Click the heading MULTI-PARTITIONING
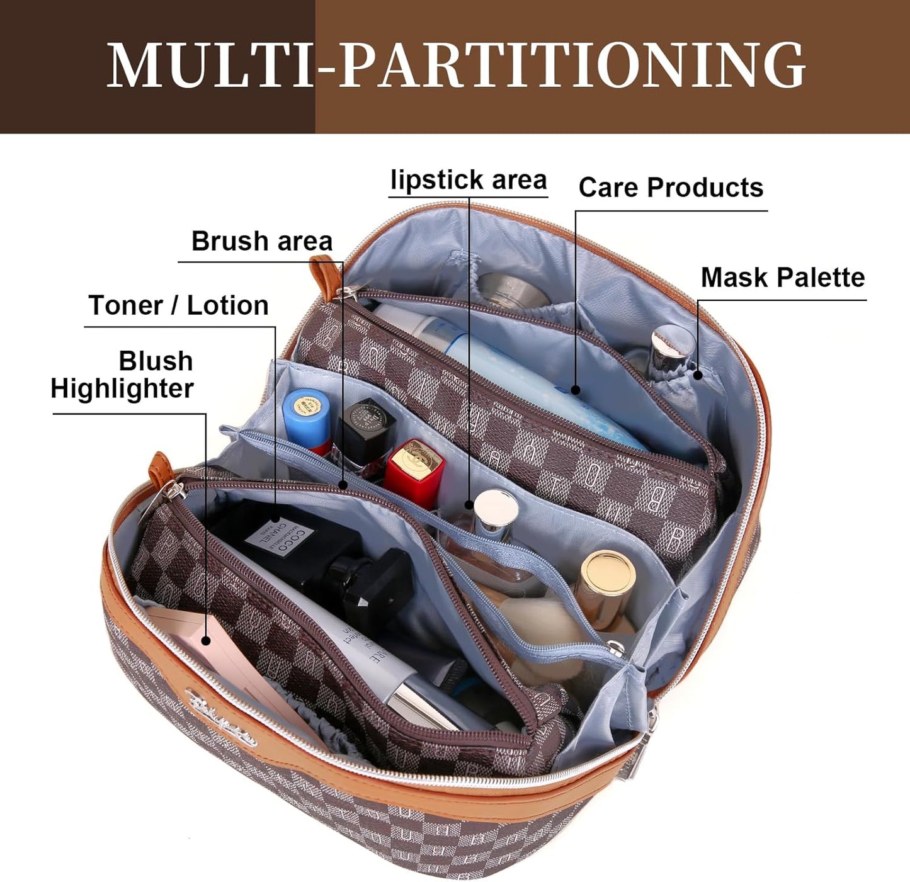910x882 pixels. pos(455,65)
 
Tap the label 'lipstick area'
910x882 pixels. pos(469,180)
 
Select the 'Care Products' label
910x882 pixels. pos(671,188)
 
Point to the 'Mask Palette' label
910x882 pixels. pos(783,278)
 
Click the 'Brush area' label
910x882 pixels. pos(261,241)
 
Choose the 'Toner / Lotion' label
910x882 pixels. pos(179,305)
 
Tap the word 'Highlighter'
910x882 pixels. pos(122,388)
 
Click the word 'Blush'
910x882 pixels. pos(156,361)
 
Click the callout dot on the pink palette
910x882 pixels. pos(206,640)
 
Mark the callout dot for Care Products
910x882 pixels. pos(576,390)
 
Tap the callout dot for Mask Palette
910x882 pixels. pos(698,375)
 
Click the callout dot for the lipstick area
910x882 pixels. pos(469,504)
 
